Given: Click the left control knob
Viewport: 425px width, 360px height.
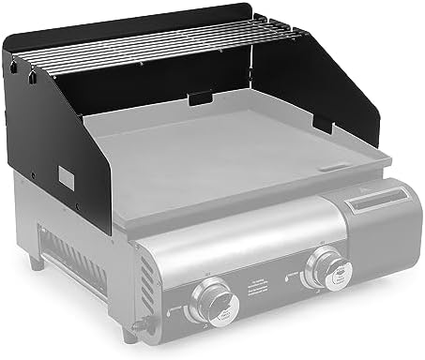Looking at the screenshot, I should pos(209,301).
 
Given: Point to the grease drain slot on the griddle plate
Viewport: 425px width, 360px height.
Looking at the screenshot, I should pos(333,169).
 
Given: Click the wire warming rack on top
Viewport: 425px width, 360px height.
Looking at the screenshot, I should pos(169,47).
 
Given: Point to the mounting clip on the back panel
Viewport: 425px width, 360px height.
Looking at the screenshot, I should pos(200,97).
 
